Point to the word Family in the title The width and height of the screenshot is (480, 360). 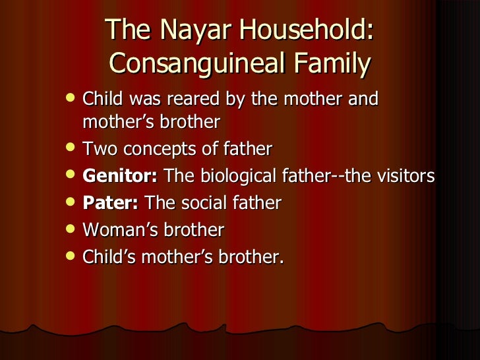tap(332, 64)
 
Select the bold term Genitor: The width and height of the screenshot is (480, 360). tap(121, 177)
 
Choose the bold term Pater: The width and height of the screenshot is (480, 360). tap(110, 203)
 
